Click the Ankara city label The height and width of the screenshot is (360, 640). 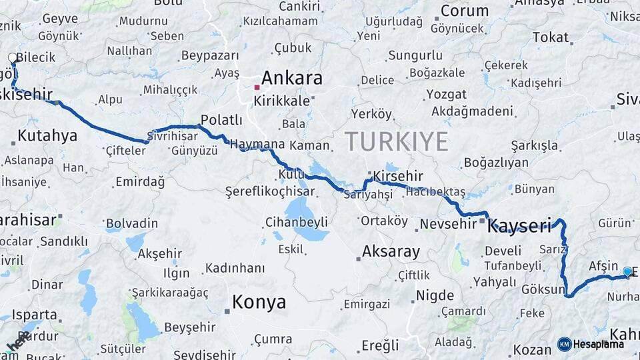click(x=291, y=78)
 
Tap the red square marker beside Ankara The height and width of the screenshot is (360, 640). click(x=257, y=87)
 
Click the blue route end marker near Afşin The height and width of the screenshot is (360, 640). click(x=627, y=271)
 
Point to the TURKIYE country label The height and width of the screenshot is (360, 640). click(x=396, y=141)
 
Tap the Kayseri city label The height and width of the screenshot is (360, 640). click(x=519, y=227)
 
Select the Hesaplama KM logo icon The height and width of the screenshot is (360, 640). click(x=564, y=344)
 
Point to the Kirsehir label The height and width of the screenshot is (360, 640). click(x=398, y=176)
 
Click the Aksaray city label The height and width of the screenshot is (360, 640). click(x=391, y=252)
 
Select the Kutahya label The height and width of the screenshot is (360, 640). click(x=47, y=137)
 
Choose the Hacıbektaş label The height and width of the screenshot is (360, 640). click(x=435, y=191)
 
